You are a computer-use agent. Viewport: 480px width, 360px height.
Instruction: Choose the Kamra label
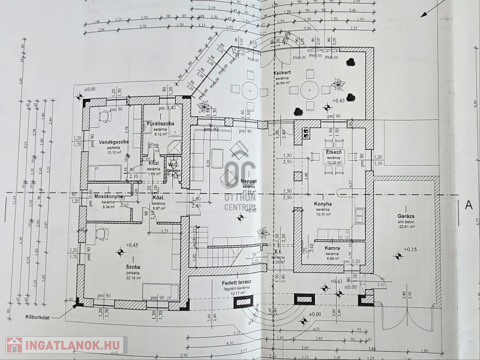333,247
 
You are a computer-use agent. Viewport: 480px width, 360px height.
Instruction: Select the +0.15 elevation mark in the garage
410,249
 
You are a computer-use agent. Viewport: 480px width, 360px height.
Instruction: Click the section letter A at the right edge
469,205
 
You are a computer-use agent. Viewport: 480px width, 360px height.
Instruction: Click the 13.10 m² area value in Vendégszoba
113,152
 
